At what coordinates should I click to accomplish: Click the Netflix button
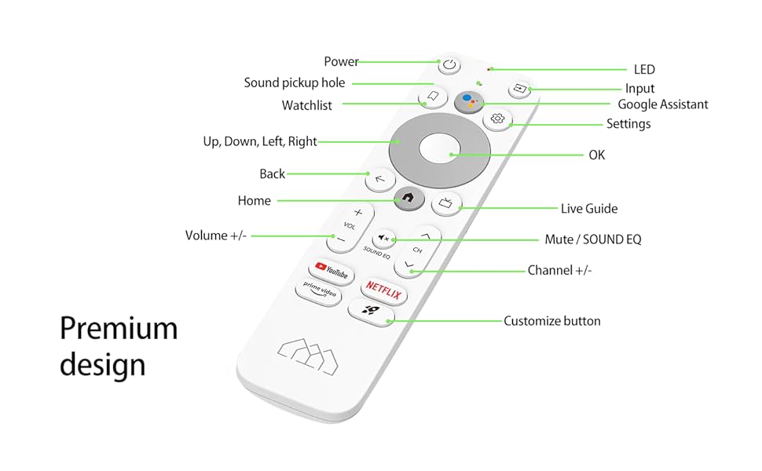click(383, 294)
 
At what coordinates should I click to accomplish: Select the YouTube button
click(331, 272)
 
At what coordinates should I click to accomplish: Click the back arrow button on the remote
click(380, 179)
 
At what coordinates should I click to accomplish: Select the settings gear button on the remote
click(496, 119)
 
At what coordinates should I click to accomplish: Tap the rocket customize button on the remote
click(370, 312)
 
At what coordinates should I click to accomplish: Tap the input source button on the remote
click(519, 89)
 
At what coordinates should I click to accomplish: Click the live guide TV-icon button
click(445, 203)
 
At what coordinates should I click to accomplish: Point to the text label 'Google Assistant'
click(662, 104)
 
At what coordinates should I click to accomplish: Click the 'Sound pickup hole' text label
click(294, 83)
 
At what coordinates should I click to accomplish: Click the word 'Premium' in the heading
click(119, 328)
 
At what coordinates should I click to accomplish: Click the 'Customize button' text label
click(551, 321)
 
